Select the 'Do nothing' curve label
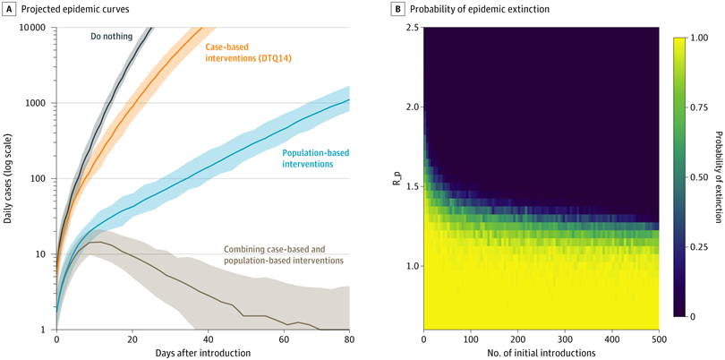click(x=111, y=38)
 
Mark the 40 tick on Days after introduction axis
click(x=209, y=340)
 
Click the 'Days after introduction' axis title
click(x=202, y=354)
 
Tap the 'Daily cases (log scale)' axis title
click(x=8, y=178)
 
